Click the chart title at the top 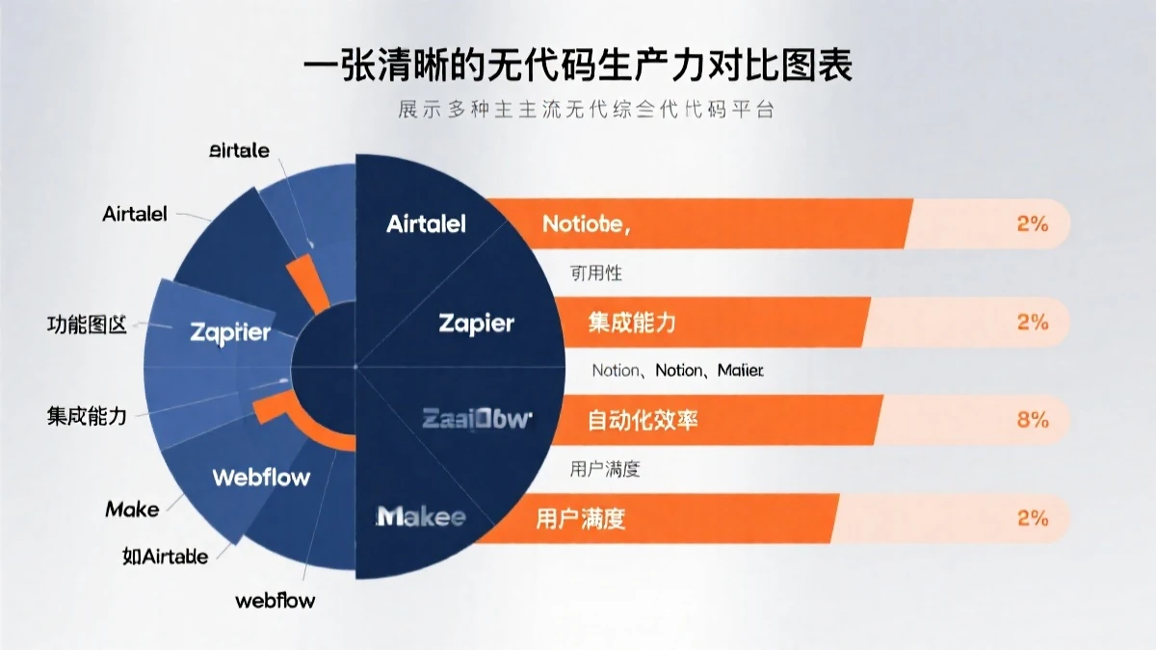point(577,70)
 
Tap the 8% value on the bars point(1032,420)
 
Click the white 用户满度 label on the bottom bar point(580,519)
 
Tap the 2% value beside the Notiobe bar point(1032,224)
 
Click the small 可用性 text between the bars point(596,273)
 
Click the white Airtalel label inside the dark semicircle point(426,224)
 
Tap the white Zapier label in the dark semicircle point(476,323)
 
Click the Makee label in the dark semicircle point(421,517)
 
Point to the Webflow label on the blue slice point(261,476)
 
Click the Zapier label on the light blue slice point(230,333)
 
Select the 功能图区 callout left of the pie point(87,325)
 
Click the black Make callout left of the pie point(132,508)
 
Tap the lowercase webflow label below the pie point(275,600)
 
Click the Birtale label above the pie point(239,150)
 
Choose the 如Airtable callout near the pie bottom point(165,556)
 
